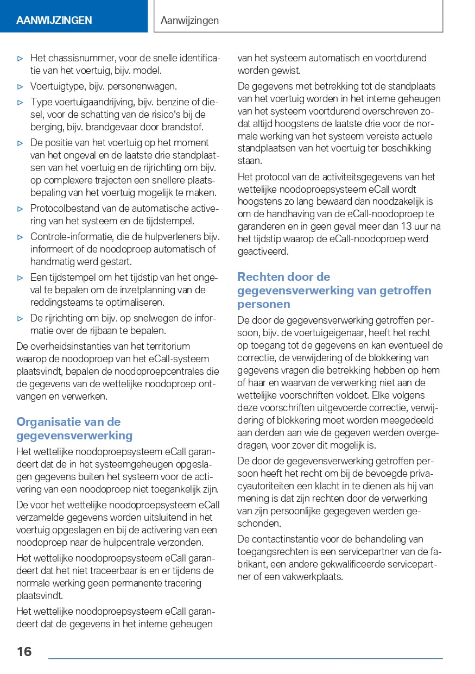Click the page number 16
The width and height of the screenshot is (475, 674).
(24, 651)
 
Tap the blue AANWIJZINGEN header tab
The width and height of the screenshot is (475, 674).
(54, 21)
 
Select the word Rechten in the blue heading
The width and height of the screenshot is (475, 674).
(259, 277)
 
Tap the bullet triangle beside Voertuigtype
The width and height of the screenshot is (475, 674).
(20, 86)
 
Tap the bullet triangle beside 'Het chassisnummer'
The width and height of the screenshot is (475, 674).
(20, 58)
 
